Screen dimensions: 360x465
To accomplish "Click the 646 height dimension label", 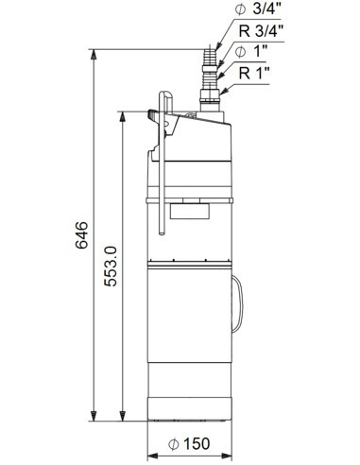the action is (x=81, y=235).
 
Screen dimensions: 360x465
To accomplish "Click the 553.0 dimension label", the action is (x=111, y=267).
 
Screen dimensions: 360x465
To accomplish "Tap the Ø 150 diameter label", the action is (x=189, y=444).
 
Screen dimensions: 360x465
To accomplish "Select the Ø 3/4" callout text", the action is (x=256, y=9).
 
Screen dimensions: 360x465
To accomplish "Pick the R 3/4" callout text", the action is (x=262, y=31).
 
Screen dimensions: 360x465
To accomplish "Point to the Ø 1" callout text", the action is (x=251, y=52).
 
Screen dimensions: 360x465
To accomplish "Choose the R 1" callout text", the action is (x=254, y=73).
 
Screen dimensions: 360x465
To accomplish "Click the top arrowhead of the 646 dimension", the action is (x=94, y=55).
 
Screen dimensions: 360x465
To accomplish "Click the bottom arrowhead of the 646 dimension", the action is (x=94, y=416).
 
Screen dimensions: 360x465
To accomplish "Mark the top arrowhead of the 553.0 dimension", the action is (x=123, y=116).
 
